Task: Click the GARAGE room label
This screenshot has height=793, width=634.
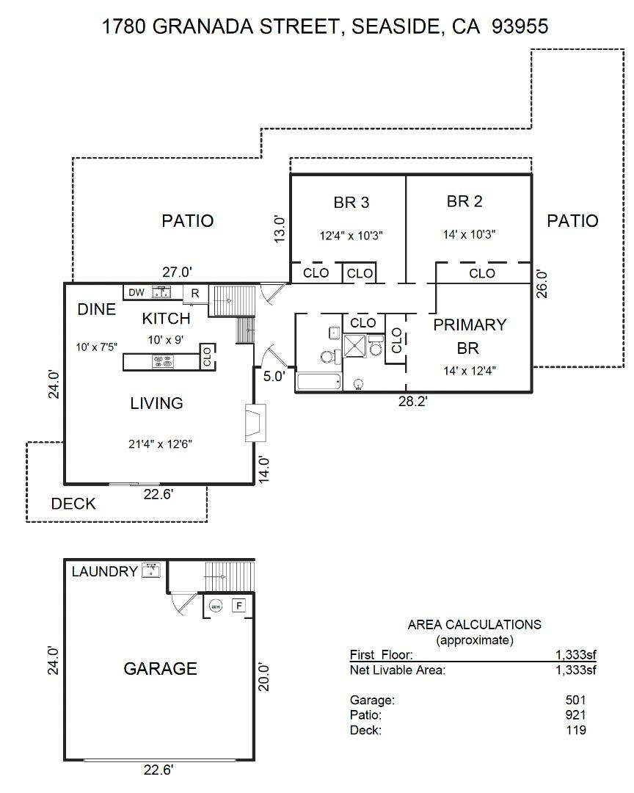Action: coord(160,668)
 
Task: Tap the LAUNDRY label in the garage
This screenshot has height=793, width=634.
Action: coord(104,571)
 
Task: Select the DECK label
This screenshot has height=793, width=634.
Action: coord(73,504)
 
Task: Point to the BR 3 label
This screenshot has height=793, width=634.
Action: coord(351,202)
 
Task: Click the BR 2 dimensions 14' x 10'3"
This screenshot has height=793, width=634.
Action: coord(469,235)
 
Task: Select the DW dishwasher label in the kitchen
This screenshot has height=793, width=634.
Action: coord(136,292)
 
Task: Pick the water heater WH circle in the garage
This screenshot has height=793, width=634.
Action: coord(215,606)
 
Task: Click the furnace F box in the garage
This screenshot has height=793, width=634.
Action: coord(238,606)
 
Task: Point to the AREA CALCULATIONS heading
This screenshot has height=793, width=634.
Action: coord(474,625)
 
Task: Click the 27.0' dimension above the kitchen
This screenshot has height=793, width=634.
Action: coord(177,272)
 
